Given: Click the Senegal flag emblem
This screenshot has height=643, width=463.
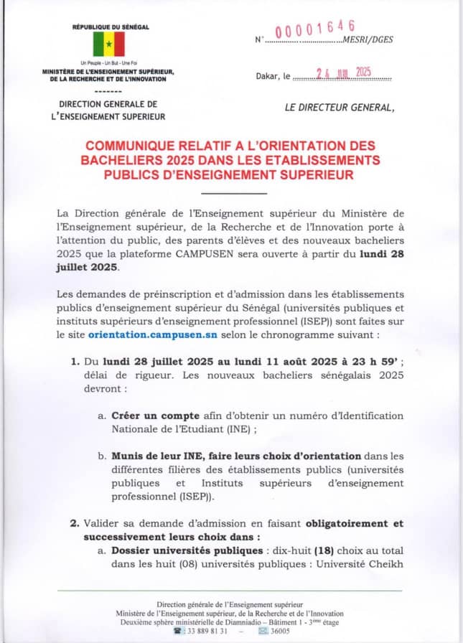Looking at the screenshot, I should [x=110, y=44].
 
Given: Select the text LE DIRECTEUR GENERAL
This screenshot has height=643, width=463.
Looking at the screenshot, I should [x=340, y=108].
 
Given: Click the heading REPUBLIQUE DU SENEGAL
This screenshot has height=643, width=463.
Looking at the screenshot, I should [x=111, y=27].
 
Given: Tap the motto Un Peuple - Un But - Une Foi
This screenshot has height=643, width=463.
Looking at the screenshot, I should [x=110, y=65].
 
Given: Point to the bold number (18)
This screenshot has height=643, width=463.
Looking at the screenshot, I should [x=305, y=550].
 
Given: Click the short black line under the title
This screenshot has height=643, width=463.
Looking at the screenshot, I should [x=234, y=192].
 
